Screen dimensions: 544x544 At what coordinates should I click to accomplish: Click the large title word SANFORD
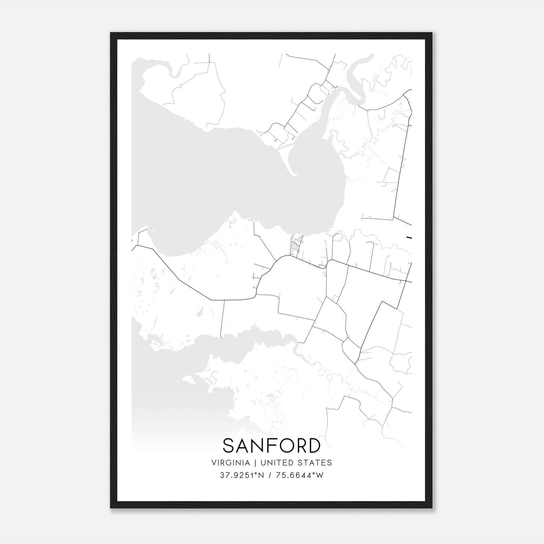click(x=271, y=446)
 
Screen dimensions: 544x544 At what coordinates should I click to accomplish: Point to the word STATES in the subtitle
click(x=315, y=463)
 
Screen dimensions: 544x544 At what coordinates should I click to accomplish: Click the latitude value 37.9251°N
click(x=241, y=475)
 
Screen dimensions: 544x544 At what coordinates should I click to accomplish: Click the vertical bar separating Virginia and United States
click(x=252, y=463)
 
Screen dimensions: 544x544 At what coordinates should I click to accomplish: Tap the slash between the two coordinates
click(x=270, y=475)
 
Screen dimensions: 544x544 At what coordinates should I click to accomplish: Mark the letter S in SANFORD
click(x=228, y=446)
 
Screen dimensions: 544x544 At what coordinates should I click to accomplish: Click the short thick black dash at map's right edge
click(x=409, y=237)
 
